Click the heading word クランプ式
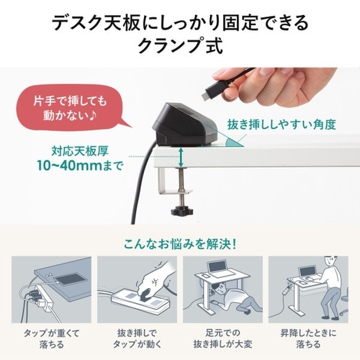[179, 47]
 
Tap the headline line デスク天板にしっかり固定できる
[179, 22]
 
